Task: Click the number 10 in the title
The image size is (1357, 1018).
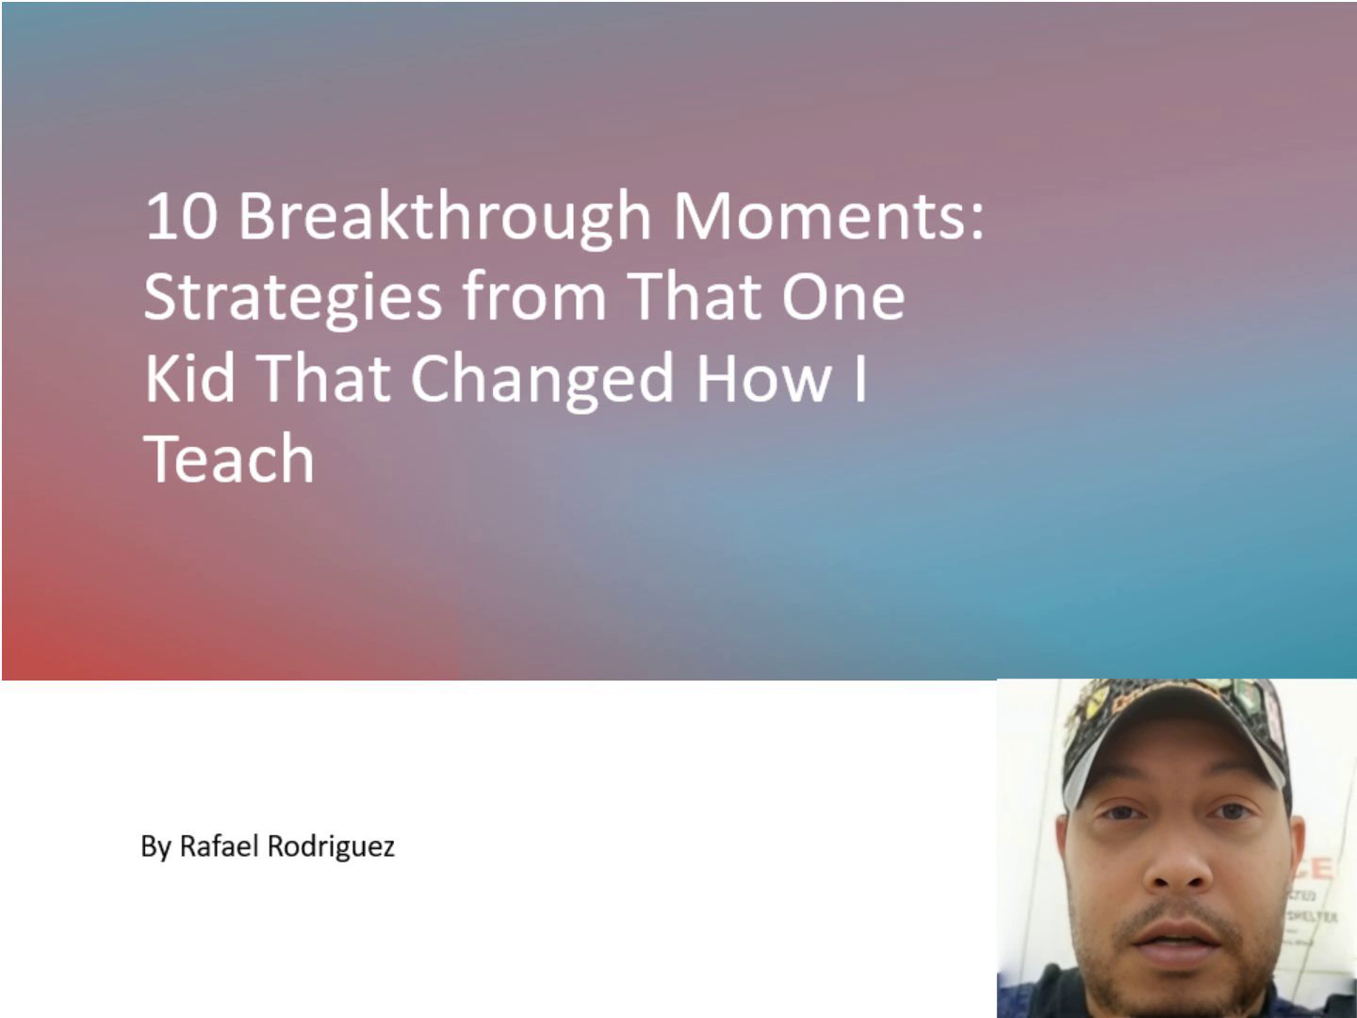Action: (181, 216)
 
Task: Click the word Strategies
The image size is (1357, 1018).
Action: (293, 299)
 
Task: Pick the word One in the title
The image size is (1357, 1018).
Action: (843, 296)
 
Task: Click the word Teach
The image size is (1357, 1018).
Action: (229, 458)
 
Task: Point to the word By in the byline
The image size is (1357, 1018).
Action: (155, 847)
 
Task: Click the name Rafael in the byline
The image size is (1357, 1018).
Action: (219, 846)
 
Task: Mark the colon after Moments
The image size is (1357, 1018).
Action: (976, 222)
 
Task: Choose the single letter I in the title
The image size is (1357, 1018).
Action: (860, 378)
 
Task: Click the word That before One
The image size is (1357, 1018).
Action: (694, 296)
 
